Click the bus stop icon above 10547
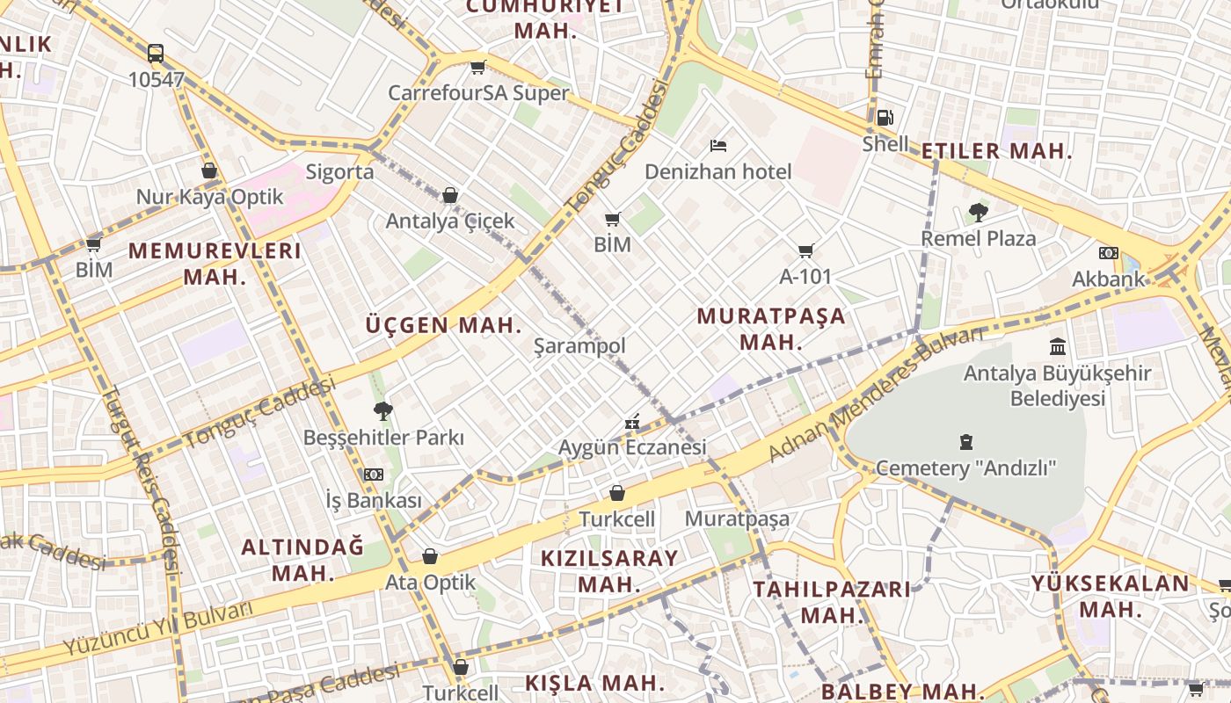(x=156, y=54)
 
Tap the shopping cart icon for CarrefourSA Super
(x=477, y=67)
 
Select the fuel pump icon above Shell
(x=885, y=117)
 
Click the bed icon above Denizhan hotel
(x=718, y=145)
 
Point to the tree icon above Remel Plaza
(x=978, y=212)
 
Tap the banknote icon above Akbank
(x=1108, y=253)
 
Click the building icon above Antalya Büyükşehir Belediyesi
(x=1058, y=346)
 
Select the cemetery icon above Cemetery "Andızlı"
(x=966, y=441)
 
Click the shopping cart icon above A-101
(x=805, y=250)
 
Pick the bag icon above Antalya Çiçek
(x=450, y=195)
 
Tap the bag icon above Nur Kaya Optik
(x=209, y=170)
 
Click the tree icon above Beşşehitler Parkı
(x=382, y=410)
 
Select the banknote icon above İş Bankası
(x=374, y=475)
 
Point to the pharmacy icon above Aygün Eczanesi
(x=631, y=423)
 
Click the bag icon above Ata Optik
(x=430, y=556)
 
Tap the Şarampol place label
(x=579, y=346)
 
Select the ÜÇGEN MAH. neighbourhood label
(x=444, y=325)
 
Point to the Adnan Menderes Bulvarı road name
(x=876, y=393)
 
